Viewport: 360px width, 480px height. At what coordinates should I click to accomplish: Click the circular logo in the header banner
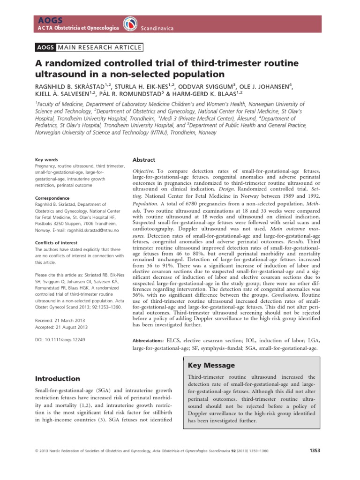(x=129, y=24)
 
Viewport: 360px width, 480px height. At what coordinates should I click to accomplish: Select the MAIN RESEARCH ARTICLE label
(x=99, y=47)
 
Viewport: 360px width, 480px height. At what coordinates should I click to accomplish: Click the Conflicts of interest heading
(x=57, y=242)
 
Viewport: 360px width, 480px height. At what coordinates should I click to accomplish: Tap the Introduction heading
(x=58, y=378)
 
